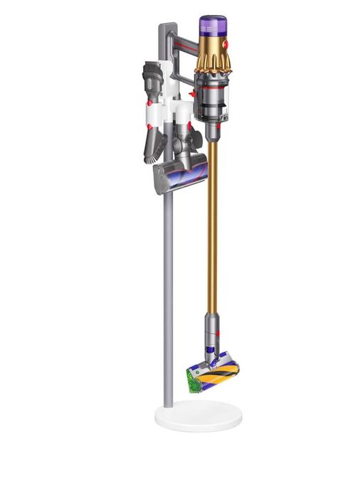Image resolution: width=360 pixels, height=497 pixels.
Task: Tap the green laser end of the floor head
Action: pos(192,376)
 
